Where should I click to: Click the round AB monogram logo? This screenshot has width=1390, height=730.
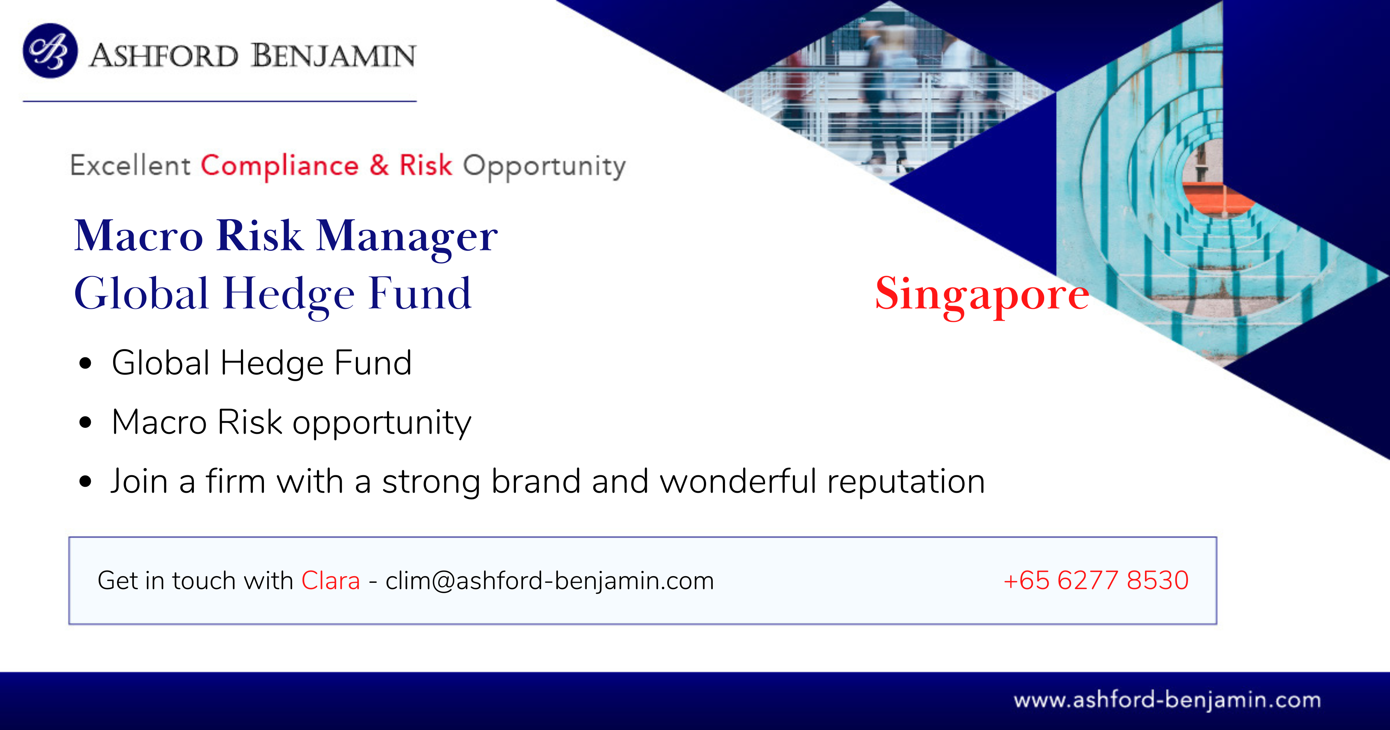(50, 51)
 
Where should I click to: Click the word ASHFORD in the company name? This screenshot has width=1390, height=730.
(163, 56)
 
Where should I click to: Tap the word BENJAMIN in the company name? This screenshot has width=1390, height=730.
(334, 56)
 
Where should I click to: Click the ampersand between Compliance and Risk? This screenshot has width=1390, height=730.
(379, 165)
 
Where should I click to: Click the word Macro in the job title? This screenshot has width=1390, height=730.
(139, 236)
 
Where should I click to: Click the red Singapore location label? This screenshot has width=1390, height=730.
(982, 295)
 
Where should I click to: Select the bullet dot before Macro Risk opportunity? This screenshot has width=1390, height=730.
(85, 422)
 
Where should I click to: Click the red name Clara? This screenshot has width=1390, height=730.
(330, 581)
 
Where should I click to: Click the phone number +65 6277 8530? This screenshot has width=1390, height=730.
(1096, 581)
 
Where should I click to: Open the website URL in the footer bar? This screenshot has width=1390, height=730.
(1167, 700)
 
